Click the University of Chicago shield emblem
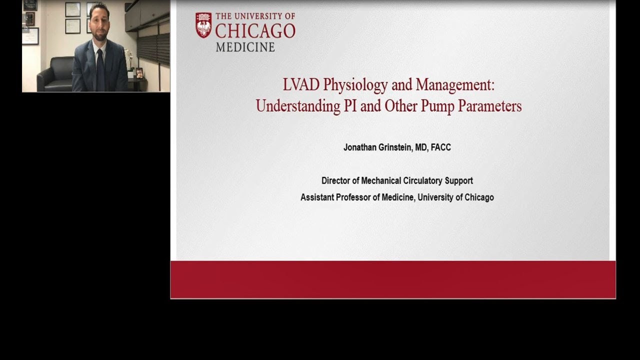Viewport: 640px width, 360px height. click(x=203, y=25)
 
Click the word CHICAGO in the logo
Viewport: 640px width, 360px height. click(x=255, y=31)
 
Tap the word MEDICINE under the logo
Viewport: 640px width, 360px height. click(x=245, y=47)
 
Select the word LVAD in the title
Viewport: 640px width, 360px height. click(x=301, y=85)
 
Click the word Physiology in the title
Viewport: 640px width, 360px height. click(x=355, y=85)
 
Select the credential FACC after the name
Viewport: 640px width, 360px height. click(x=440, y=147)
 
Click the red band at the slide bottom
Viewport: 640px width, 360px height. click(x=393, y=279)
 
